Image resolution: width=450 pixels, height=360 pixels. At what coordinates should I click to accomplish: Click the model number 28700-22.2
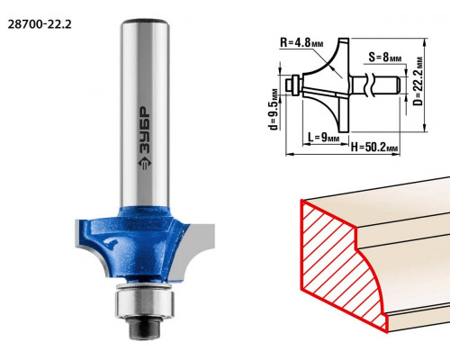coord(40,24)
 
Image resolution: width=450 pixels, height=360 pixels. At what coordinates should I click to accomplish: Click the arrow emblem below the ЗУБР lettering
coord(145,164)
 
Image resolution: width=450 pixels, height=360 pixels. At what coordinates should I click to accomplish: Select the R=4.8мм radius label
coord(301,43)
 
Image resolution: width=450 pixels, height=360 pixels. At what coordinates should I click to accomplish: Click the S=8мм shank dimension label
coord(384,57)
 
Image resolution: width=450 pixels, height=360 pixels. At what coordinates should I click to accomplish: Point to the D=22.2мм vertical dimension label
coord(418,81)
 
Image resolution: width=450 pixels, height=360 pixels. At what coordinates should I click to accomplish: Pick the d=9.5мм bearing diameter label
coord(274,110)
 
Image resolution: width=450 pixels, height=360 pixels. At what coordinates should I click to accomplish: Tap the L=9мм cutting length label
coord(323,138)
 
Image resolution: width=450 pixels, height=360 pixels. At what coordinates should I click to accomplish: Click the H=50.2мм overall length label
coord(374,148)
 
